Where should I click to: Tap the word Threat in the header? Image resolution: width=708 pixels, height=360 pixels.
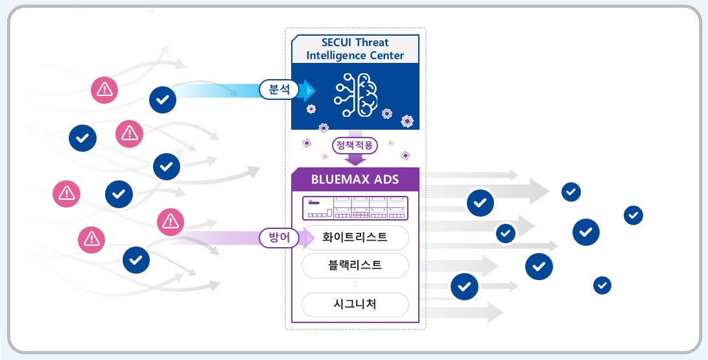coord(382,43)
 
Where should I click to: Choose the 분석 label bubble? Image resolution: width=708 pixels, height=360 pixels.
coord(279,90)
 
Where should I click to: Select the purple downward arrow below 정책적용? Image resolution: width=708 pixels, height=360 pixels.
coord(355,160)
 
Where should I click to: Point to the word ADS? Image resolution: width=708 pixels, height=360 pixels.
coord(386,179)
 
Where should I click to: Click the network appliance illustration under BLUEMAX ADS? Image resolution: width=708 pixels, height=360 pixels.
coord(355,208)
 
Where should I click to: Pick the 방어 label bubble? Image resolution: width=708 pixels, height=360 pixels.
coord(279,238)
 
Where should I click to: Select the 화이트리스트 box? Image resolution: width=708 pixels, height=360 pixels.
coord(355,237)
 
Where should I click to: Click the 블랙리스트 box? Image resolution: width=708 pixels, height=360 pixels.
coord(355,265)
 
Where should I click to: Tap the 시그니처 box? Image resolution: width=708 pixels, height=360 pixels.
coord(355,304)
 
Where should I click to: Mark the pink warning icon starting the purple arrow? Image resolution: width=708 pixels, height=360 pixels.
coord(171,222)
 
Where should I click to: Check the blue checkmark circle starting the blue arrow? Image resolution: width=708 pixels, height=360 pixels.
coord(163,99)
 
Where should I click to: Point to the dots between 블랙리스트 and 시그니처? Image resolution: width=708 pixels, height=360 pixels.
coord(355,284)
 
